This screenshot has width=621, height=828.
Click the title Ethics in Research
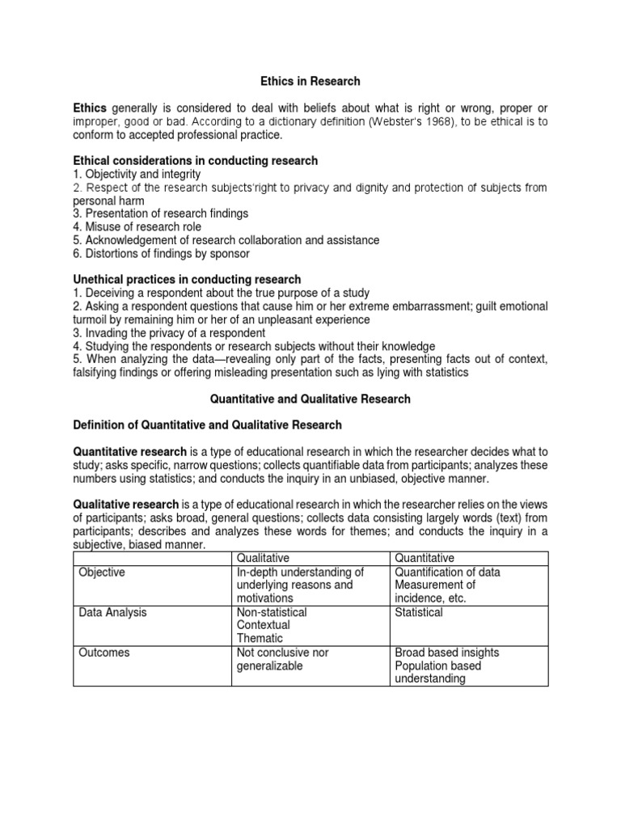[310, 82]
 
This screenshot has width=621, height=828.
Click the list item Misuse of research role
[143, 227]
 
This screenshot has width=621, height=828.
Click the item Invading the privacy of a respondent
[169, 332]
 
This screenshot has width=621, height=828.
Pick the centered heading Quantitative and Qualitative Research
[310, 399]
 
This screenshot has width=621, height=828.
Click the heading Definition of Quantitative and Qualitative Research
[208, 425]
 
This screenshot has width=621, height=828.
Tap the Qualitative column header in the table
[263, 558]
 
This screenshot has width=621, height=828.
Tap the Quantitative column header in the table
[425, 558]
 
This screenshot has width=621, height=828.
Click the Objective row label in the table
[102, 572]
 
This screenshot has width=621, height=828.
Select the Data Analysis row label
[112, 612]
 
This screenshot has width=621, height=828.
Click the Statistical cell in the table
[419, 612]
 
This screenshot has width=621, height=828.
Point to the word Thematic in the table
[260, 638]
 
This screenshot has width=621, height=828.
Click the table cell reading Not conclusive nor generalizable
[282, 659]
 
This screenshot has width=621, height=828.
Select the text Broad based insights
[447, 653]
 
